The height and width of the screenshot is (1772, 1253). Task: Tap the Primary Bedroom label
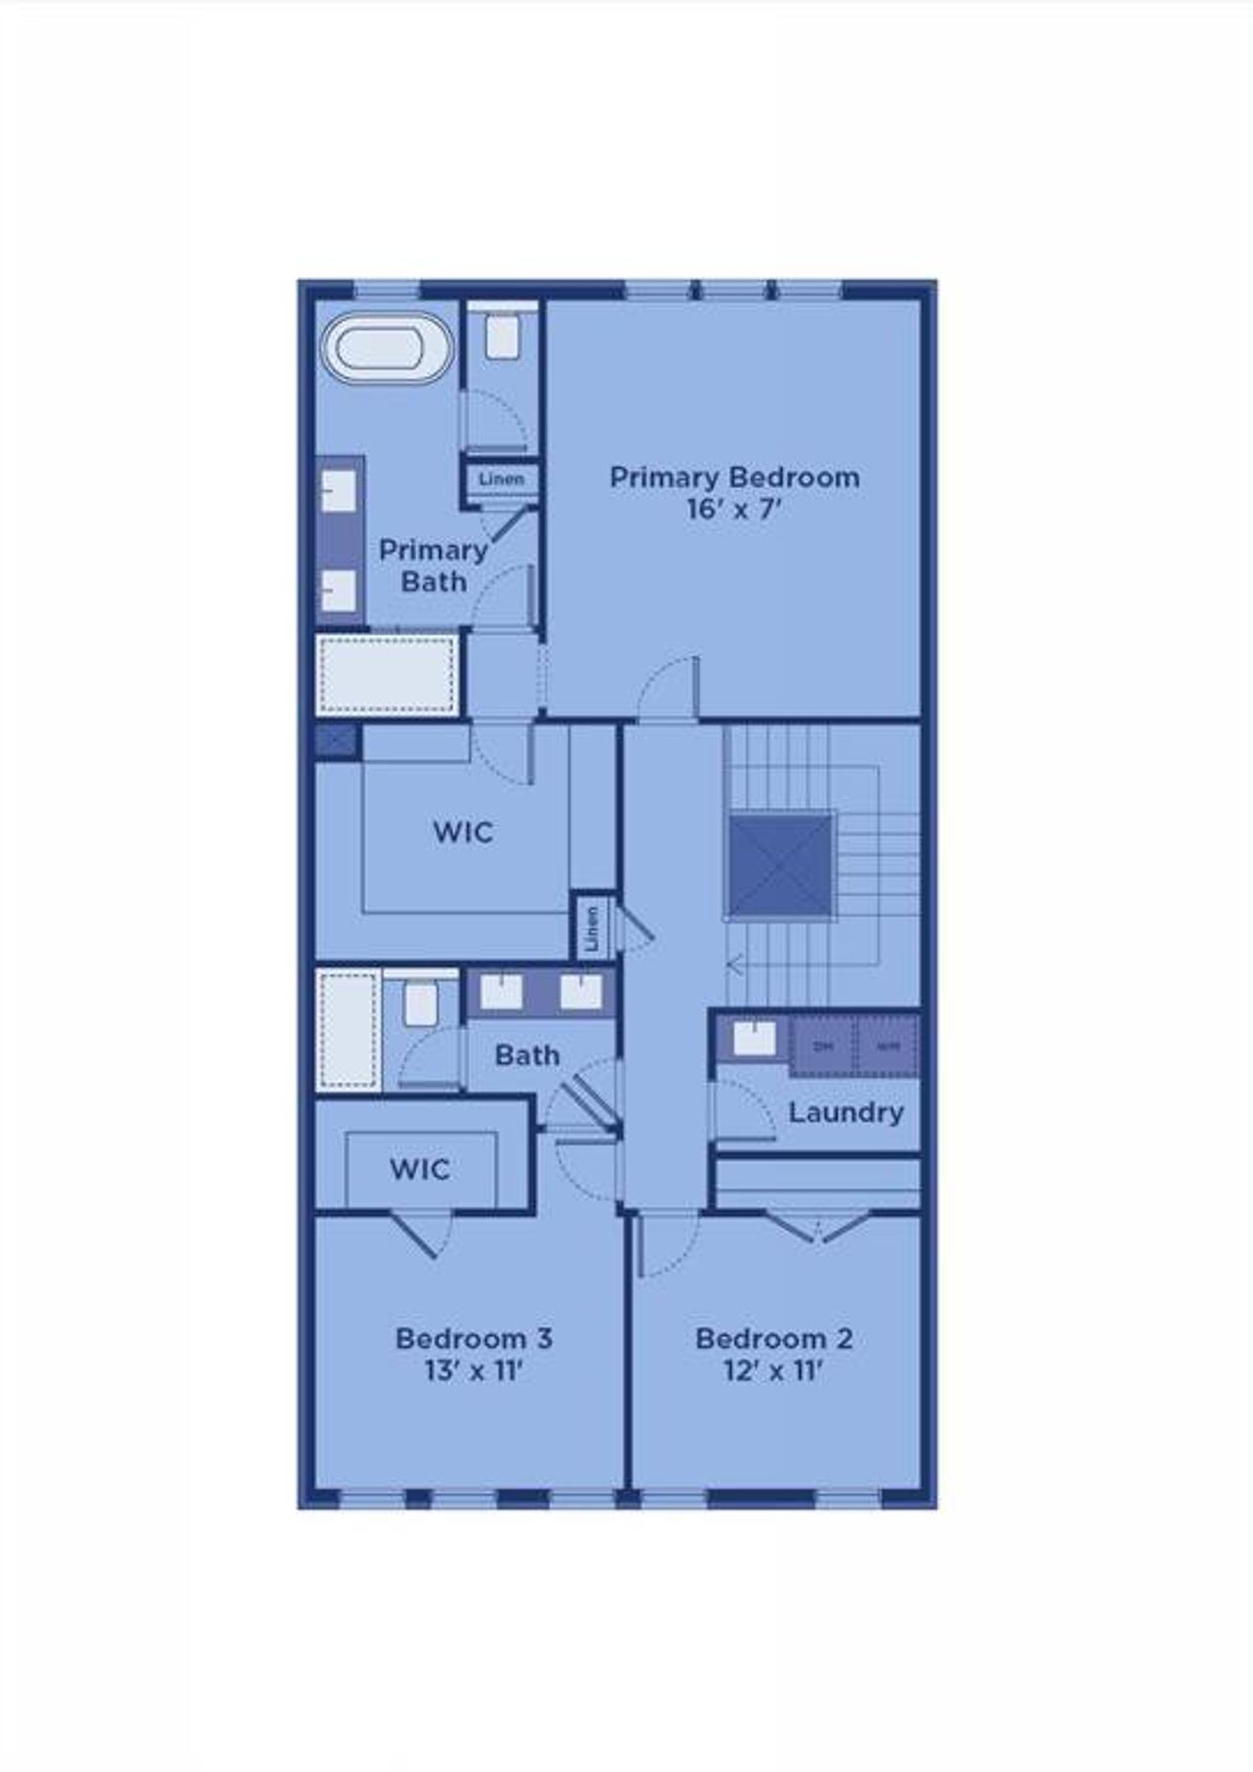pyautogui.click(x=734, y=478)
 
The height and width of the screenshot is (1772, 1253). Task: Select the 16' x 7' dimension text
pyautogui.click(x=734, y=510)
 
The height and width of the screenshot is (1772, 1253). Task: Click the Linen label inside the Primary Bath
pyautogui.click(x=501, y=480)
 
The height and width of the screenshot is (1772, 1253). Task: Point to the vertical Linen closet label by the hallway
pyautogui.click(x=591, y=926)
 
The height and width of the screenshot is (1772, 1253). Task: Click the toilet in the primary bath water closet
pyautogui.click(x=502, y=337)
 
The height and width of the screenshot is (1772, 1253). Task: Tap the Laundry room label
pyautogui.click(x=846, y=1113)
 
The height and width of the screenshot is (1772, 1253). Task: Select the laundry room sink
pyautogui.click(x=754, y=1039)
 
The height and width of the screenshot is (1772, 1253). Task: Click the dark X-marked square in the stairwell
pyautogui.click(x=780, y=865)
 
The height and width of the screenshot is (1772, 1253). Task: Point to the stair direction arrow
pyautogui.click(x=735, y=967)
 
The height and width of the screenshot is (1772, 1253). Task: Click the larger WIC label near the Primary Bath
pyautogui.click(x=463, y=833)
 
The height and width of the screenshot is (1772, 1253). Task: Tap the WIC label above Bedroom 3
pyautogui.click(x=420, y=1169)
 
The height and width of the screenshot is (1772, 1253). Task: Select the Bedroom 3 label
pyautogui.click(x=474, y=1338)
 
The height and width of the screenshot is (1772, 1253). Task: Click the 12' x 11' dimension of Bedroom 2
pyautogui.click(x=773, y=1371)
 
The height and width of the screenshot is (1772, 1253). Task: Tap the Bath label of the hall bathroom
pyautogui.click(x=527, y=1055)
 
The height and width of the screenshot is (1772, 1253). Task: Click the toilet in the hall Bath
pyautogui.click(x=421, y=1004)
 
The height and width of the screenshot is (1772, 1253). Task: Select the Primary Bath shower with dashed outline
pyautogui.click(x=388, y=676)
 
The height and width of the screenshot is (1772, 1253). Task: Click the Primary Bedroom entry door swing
pyautogui.click(x=670, y=690)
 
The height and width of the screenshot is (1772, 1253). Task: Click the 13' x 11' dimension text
pyautogui.click(x=474, y=1371)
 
